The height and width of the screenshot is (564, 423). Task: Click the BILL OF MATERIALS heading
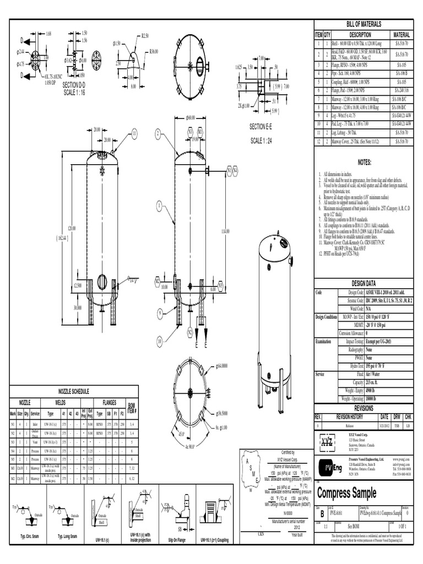(x=364, y=24)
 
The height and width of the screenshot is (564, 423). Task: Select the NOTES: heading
(x=365, y=162)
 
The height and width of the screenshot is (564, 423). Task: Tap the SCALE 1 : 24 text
(x=265, y=140)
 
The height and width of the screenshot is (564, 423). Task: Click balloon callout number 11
(x=133, y=133)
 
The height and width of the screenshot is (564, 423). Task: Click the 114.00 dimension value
(x=225, y=231)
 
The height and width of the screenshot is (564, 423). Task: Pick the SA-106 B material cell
(x=402, y=73)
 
